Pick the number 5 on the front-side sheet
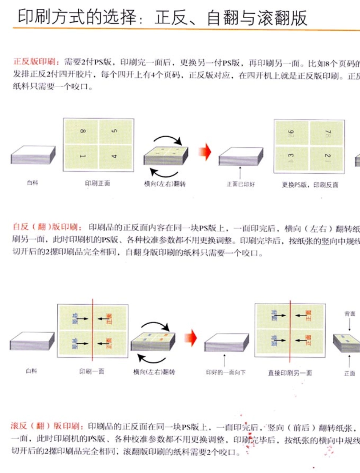[x=115, y=132]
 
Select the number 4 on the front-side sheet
[x=115, y=156]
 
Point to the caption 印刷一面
[x=91, y=372]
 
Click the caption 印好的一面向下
[x=225, y=372]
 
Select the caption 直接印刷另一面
[x=290, y=373]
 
